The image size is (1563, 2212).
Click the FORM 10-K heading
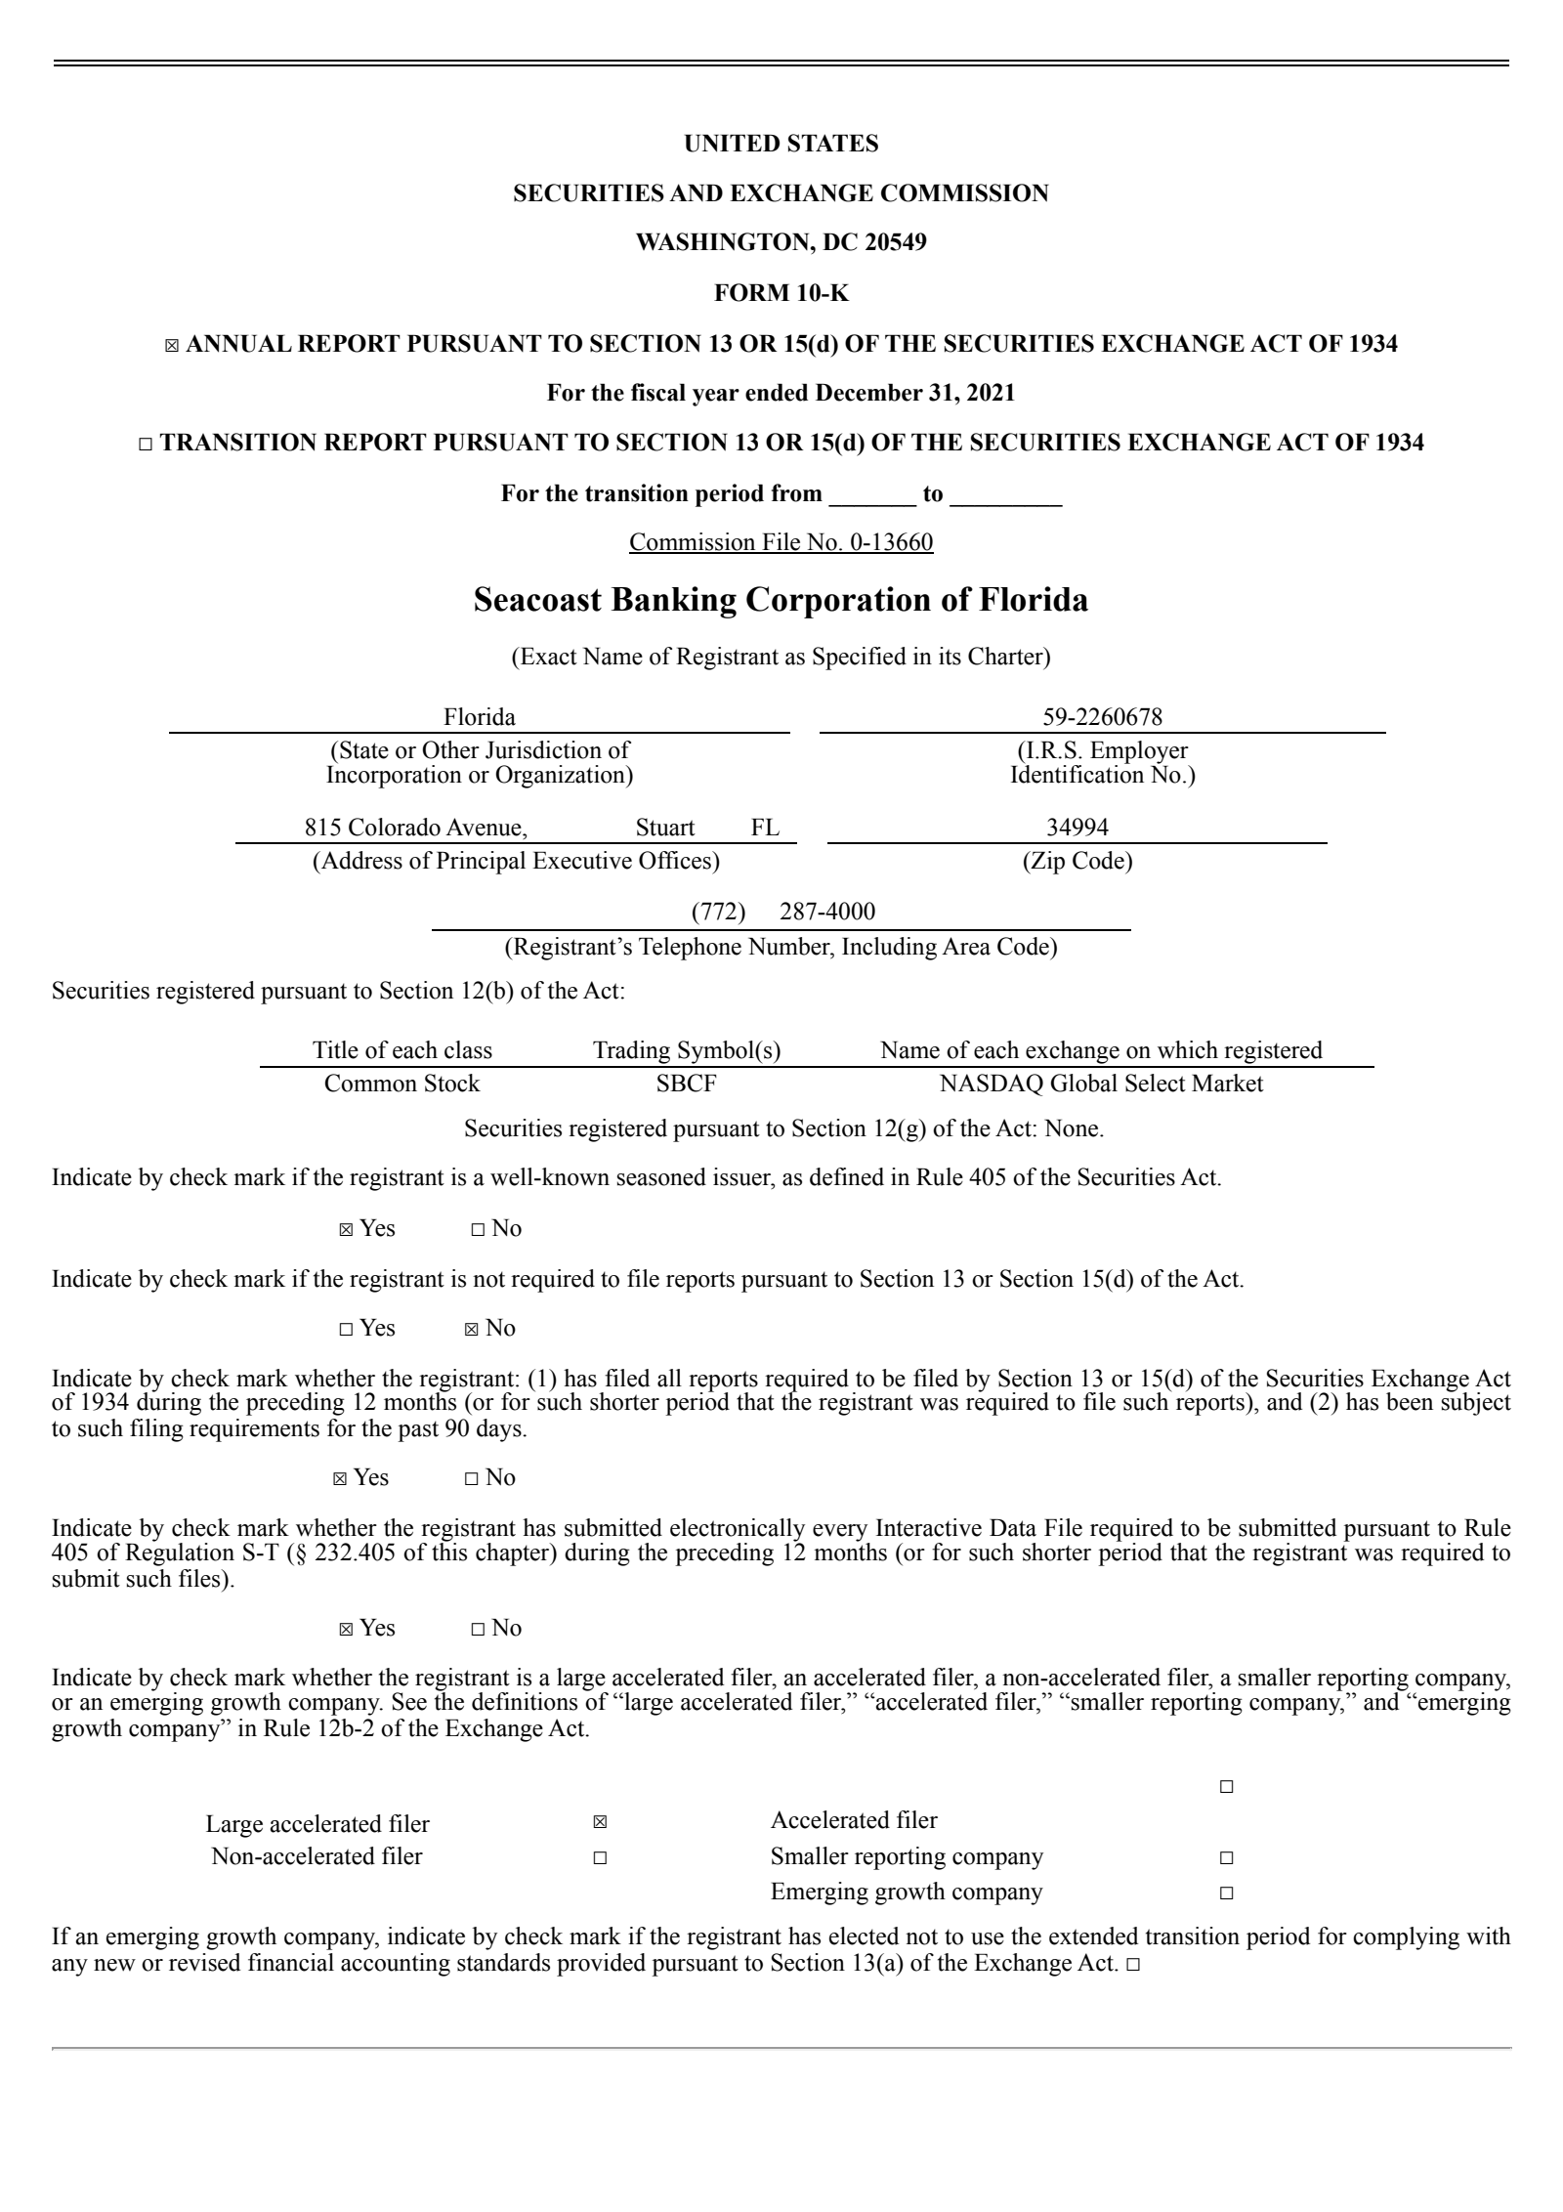[x=781, y=292]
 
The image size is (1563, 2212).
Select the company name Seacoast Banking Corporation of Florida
[x=781, y=600]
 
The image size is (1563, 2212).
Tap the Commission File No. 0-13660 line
[x=781, y=542]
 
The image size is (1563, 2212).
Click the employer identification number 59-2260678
[x=1102, y=717]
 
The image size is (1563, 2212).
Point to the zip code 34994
[x=1077, y=828]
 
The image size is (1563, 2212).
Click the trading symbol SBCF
[x=687, y=1084]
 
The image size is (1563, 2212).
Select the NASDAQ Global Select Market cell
[x=1101, y=1084]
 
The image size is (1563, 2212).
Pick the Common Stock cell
[x=401, y=1084]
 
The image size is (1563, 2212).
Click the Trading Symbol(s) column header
[x=687, y=1050]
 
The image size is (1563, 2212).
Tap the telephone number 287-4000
[x=827, y=912]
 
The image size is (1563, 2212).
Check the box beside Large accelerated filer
[x=600, y=1822]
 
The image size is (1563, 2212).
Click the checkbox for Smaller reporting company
[x=1227, y=1857]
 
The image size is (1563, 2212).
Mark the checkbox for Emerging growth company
[x=1227, y=1893]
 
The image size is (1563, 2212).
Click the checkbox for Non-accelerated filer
[x=600, y=1857]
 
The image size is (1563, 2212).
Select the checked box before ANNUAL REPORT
[x=172, y=345]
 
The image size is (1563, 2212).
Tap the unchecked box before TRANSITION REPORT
[x=146, y=444]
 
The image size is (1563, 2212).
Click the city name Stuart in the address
[x=665, y=828]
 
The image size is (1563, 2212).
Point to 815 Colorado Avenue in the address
[x=415, y=828]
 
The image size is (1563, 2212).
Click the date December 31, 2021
[x=914, y=393]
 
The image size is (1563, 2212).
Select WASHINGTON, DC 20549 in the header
[x=781, y=242]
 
